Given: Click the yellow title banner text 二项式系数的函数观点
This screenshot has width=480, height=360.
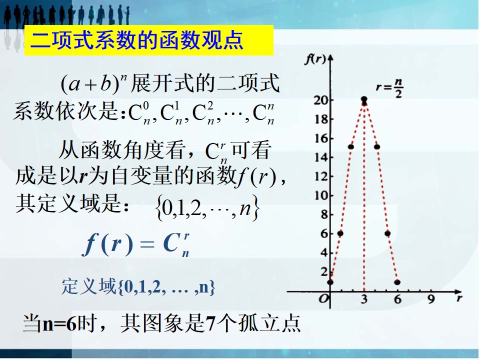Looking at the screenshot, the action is [137, 40].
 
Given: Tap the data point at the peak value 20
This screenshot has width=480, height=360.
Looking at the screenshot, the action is [364, 99].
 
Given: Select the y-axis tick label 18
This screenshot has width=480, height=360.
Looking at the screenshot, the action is [321, 119].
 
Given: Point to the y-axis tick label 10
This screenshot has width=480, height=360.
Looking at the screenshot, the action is [321, 195].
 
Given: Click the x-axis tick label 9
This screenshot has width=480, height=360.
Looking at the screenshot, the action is [431, 299].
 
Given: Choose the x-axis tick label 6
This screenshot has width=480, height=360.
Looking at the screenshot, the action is [397, 299].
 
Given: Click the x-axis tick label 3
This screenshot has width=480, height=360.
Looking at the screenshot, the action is [364, 299].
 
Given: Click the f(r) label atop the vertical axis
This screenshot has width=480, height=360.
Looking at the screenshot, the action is [315, 59].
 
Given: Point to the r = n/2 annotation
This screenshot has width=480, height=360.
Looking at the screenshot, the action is [389, 88].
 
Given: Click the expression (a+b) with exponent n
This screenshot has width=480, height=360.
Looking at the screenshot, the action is [94, 84].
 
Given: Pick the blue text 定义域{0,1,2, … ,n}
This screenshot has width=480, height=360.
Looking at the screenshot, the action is [138, 287].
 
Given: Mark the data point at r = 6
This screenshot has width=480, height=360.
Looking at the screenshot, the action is [397, 282].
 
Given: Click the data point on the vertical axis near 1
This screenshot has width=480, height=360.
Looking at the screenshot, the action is [330, 282].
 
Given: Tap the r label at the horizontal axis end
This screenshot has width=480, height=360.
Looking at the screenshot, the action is [459, 298].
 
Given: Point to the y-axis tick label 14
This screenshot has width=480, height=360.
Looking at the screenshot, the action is [321, 157].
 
